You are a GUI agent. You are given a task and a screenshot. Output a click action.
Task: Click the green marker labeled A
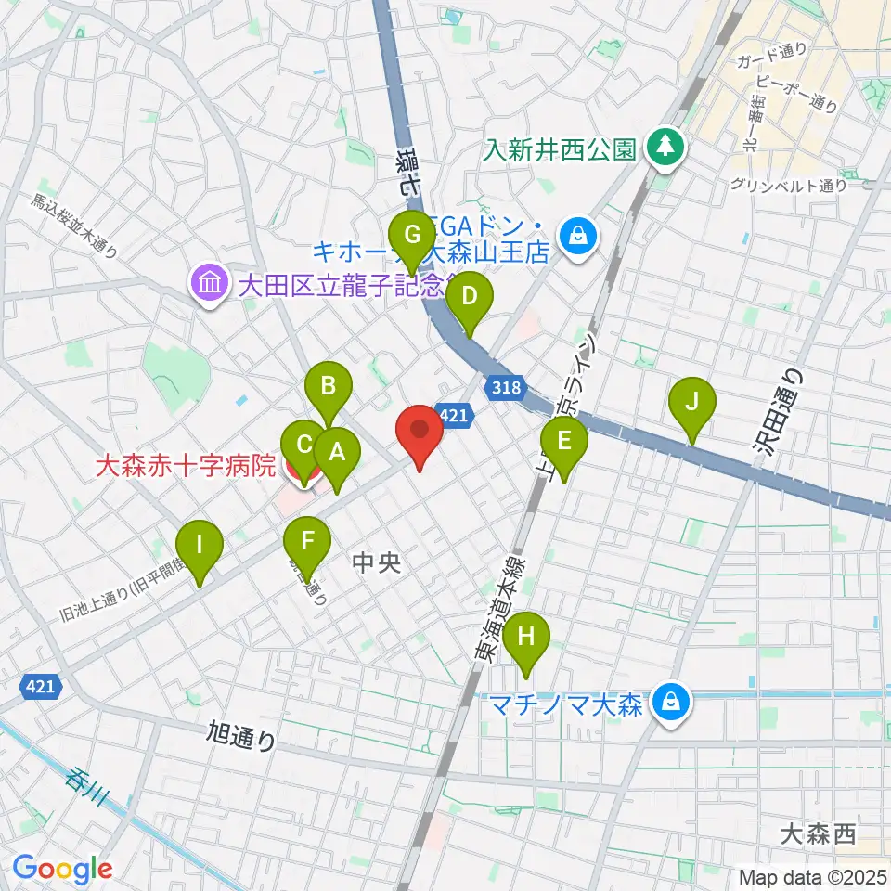click(x=336, y=453)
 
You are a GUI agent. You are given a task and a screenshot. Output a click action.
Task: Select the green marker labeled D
click(x=470, y=298)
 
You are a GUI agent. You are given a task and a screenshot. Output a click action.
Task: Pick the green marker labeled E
click(x=563, y=440)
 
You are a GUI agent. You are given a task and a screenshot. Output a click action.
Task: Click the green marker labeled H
click(x=526, y=638)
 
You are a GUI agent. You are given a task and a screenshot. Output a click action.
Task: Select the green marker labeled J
click(x=691, y=403)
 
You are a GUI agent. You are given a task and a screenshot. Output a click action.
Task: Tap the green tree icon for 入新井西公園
click(x=665, y=147)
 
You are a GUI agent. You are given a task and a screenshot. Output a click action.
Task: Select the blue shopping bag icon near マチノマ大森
click(x=668, y=703)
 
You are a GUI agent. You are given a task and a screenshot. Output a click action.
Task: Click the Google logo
click(x=62, y=869)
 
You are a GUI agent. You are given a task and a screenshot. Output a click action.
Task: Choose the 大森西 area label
click(x=817, y=835)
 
